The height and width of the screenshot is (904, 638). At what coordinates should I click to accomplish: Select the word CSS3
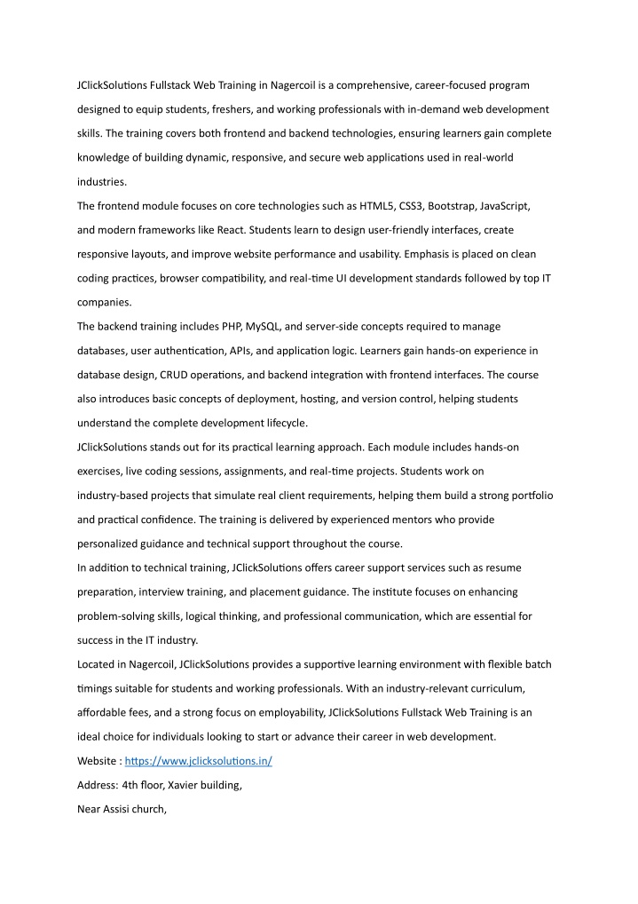[413, 206]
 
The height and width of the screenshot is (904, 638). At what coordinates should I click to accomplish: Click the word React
[229, 229]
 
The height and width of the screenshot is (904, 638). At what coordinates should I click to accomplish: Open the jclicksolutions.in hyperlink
[198, 761]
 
